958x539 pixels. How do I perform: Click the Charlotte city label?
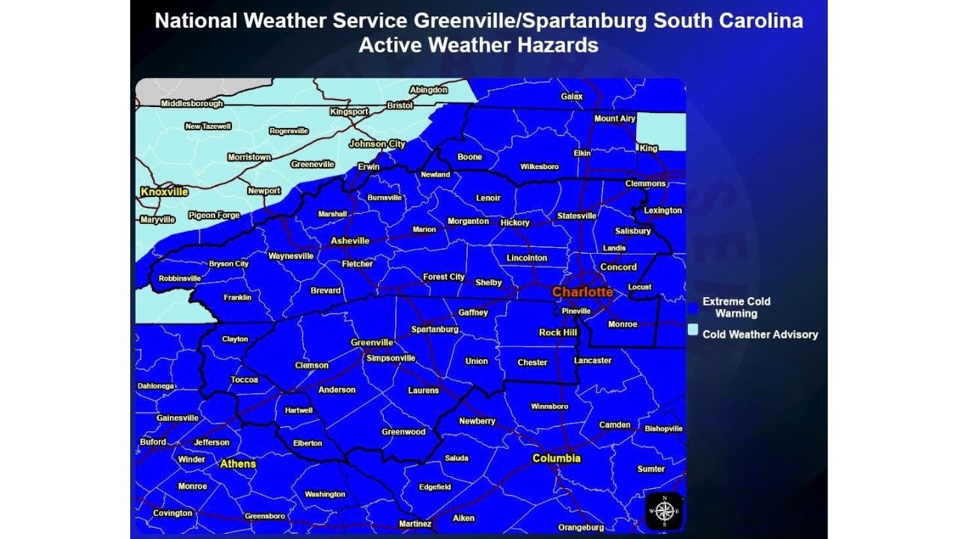(x=582, y=292)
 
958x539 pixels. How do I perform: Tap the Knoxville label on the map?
(x=165, y=192)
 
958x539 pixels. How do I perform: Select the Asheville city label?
(x=350, y=241)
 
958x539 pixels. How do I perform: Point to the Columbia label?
(x=556, y=458)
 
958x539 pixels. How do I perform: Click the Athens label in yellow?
(x=238, y=464)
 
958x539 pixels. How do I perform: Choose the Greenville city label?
(x=372, y=343)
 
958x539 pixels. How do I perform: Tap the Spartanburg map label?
(x=435, y=329)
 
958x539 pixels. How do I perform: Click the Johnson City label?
(x=377, y=144)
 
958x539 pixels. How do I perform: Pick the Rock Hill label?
(x=558, y=332)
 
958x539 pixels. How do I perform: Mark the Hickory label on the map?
(x=515, y=222)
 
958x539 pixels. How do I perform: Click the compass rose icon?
(x=664, y=511)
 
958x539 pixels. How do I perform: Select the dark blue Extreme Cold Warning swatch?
(x=694, y=307)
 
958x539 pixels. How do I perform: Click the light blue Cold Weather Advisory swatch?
(x=694, y=329)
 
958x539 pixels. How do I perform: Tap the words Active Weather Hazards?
(x=478, y=45)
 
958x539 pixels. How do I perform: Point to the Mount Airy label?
(x=614, y=119)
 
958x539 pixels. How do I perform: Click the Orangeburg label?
(x=581, y=528)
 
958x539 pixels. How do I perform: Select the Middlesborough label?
(x=192, y=103)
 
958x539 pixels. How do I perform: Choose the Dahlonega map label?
(x=156, y=386)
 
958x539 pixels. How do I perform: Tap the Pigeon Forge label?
(x=214, y=216)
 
